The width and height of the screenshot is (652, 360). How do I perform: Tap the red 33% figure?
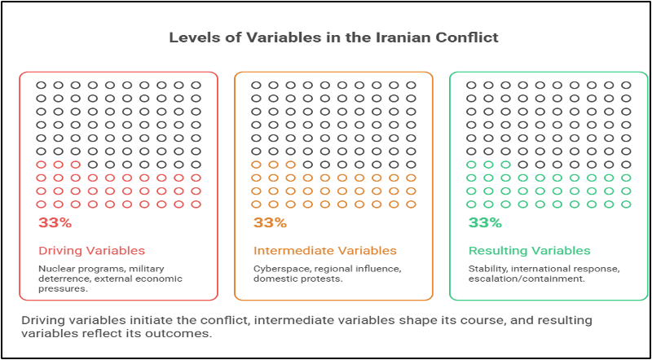tap(55, 222)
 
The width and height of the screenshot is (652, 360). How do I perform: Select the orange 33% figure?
tap(271, 222)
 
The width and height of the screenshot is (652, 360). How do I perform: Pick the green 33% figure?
tap(485, 222)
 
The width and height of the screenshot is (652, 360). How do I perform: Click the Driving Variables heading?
tap(92, 251)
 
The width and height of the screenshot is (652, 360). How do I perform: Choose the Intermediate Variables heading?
tap(325, 251)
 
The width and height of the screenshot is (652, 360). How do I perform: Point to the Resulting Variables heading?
tap(529, 251)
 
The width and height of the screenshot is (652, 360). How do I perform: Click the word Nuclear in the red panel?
tap(52, 268)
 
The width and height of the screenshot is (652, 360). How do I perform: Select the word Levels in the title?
tap(189, 37)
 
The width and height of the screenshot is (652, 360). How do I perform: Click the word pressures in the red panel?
tap(64, 289)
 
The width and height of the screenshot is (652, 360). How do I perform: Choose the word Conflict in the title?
tap(474, 37)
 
